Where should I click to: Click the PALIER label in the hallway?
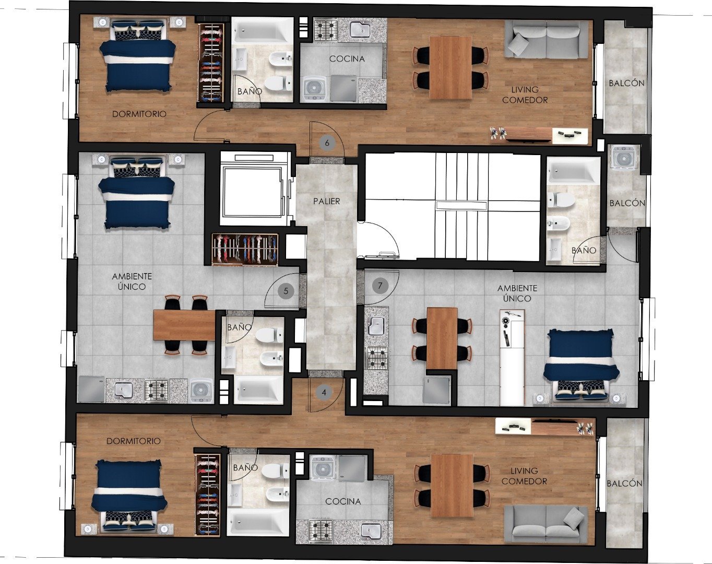327,201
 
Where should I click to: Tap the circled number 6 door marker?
327,143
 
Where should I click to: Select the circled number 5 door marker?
286,291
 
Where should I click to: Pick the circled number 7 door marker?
380,285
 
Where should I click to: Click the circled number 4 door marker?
324,393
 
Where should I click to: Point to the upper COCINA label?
347,59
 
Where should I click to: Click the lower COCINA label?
343,501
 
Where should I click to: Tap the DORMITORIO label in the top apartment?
139,114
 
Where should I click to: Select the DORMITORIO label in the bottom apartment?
133,441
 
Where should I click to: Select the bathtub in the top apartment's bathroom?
262,31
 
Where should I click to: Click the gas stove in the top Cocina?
326,30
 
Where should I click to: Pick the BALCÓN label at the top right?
626,83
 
